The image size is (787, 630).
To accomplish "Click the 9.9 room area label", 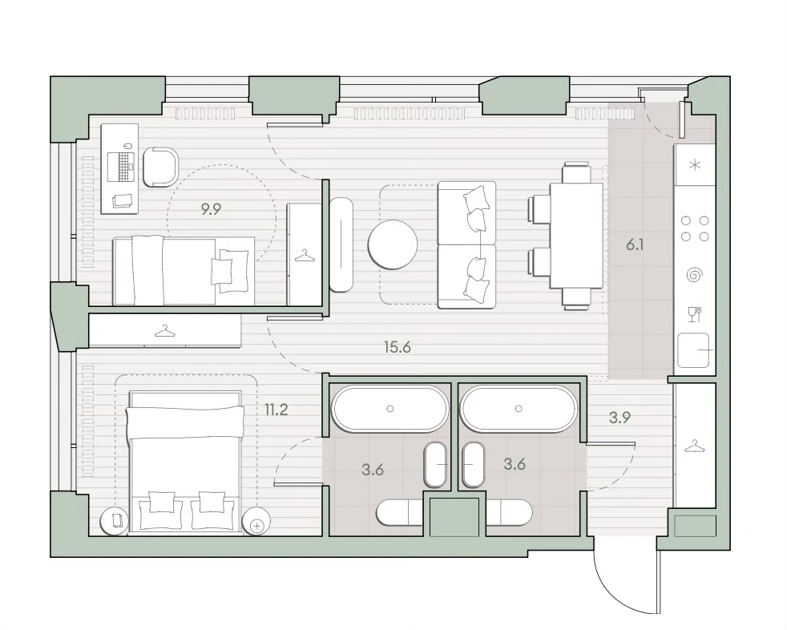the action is tap(211, 209).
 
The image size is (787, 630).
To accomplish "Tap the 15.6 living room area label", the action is tap(398, 347).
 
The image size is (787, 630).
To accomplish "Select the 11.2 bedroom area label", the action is tap(276, 410).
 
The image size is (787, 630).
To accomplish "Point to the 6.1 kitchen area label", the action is tap(635, 245).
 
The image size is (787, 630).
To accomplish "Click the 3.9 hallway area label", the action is tap(620, 417).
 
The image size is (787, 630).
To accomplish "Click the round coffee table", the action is tap(393, 245).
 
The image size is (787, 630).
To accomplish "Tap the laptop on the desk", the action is tap(121, 165).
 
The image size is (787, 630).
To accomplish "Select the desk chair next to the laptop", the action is tap(160, 168).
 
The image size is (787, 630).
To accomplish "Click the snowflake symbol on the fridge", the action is tap(695, 164).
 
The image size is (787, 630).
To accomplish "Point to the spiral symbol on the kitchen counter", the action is tap(695, 275).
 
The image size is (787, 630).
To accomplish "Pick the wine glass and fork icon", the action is tap(694, 314).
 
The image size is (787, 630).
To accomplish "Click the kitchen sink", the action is tap(694, 350).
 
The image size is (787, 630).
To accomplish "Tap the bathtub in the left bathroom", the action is tap(390, 409).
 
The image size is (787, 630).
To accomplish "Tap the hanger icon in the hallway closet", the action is tap(694, 446).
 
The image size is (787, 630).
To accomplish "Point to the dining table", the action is tap(576, 236).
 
